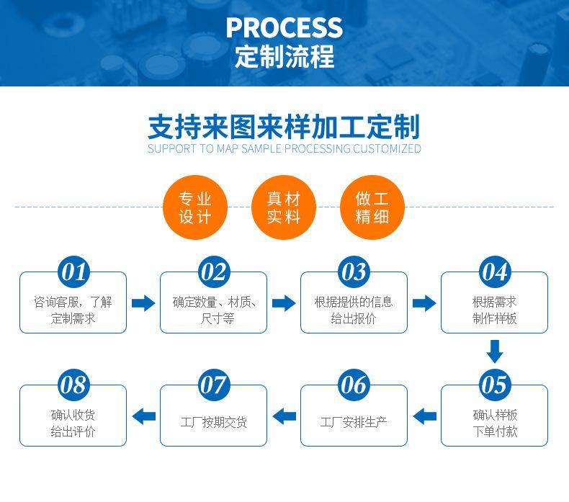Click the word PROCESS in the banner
[x=284, y=27]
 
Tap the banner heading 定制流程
[x=284, y=56]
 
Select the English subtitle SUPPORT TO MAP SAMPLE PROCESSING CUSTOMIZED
[x=284, y=148]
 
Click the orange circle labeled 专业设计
[x=195, y=207]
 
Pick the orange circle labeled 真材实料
[x=283, y=207]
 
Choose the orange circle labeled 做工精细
[x=372, y=207]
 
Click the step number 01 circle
[x=73, y=272]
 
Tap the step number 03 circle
[x=354, y=272]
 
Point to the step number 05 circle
[x=494, y=385]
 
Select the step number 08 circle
[x=73, y=385]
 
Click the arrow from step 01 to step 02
[x=143, y=303]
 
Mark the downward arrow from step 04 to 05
[x=494, y=351]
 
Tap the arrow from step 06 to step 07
[x=284, y=416]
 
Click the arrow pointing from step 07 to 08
[x=144, y=416]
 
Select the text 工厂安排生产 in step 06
[x=354, y=422]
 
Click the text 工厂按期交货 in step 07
[x=214, y=422]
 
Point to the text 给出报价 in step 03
[x=354, y=318]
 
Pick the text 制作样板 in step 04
[x=494, y=318]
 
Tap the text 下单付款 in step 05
[x=495, y=431]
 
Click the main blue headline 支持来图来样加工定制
[x=284, y=127]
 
